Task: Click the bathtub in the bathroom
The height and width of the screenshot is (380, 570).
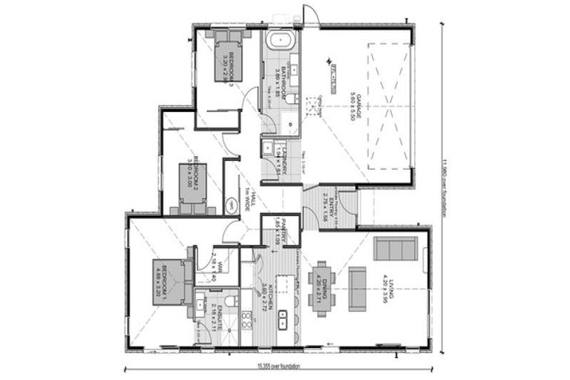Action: pyautogui.click(x=281, y=40)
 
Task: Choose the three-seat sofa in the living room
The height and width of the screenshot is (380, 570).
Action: pyautogui.click(x=395, y=249)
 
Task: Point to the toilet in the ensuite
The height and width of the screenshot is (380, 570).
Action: pyautogui.click(x=232, y=301)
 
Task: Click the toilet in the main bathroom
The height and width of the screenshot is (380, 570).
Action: pyautogui.click(x=294, y=98)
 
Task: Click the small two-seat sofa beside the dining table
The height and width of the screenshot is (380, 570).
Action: pyautogui.click(x=358, y=288)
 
